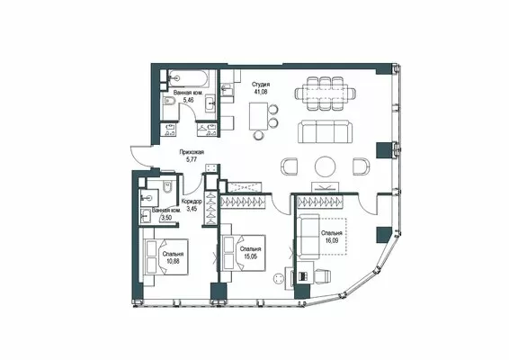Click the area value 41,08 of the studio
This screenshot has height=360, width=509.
(x=261, y=92)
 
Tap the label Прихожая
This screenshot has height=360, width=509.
(x=192, y=152)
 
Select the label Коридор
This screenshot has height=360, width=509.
(x=192, y=202)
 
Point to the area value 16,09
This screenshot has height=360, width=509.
(x=332, y=241)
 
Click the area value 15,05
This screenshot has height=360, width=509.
(x=250, y=256)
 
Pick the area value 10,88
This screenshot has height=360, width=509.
(x=174, y=261)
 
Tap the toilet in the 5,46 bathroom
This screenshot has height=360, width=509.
(x=170, y=101)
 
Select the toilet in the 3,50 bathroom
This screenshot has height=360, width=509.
(x=167, y=187)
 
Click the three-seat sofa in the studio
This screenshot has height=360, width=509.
(x=326, y=131)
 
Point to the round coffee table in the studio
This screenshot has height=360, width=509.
(x=325, y=166)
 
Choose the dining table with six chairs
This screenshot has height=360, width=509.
(x=325, y=94)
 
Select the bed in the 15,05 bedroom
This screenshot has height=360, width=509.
(x=243, y=253)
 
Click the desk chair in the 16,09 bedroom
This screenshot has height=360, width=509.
(x=322, y=275)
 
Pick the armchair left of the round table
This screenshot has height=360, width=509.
(x=289, y=166)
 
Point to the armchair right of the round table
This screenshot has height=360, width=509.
(x=361, y=166)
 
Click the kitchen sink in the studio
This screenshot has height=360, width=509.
(x=227, y=89)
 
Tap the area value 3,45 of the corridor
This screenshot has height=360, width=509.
(x=192, y=209)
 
